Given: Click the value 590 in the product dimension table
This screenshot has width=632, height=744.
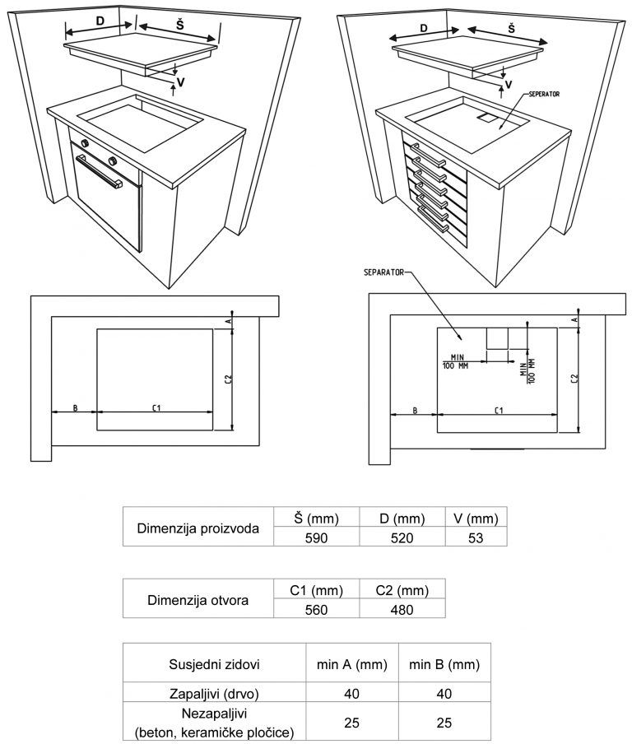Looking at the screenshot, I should (317, 538).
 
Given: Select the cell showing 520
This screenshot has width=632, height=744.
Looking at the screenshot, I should (402, 538).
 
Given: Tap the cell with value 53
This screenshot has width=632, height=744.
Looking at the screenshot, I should (476, 538).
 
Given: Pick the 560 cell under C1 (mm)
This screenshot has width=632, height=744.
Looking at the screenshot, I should (316, 610).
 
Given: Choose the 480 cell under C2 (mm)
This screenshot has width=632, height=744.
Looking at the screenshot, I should (402, 610).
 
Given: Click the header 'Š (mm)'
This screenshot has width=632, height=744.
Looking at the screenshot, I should (317, 518).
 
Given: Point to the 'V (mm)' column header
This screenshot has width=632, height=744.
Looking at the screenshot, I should (476, 518).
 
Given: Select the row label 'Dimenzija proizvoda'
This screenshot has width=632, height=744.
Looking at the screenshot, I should (197, 528).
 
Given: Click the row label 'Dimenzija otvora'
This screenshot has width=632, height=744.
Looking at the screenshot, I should (197, 600).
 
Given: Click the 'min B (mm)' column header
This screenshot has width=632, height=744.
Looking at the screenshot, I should (444, 664).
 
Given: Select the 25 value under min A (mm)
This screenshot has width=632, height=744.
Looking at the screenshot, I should (352, 722).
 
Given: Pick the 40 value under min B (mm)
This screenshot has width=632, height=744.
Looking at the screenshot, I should (444, 694).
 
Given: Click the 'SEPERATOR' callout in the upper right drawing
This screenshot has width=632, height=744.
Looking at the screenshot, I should (545, 95).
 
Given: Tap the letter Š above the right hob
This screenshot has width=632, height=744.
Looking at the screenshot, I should (512, 28).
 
